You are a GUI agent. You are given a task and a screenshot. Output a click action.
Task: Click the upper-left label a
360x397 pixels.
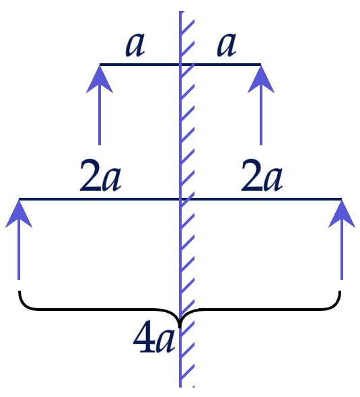pos(135,45)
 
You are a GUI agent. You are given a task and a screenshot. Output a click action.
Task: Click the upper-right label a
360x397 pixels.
pos(227,45)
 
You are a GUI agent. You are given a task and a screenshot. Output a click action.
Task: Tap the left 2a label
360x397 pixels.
pos(100,175)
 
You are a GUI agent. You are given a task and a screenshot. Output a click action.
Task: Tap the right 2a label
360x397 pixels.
pos(262,175)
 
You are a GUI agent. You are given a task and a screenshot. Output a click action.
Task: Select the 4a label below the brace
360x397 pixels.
pos(154,337)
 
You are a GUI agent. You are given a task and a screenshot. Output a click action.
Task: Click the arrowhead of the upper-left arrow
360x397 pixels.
pos(100,79)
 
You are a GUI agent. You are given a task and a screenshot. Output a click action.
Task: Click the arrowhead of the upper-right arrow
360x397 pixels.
pos(261,79)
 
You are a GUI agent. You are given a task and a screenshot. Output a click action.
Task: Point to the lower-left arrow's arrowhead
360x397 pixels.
pos(19,214)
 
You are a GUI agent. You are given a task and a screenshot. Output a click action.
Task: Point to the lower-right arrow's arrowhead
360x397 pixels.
pos(342,214)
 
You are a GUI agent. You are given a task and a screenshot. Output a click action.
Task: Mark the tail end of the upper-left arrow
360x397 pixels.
pos(100,145)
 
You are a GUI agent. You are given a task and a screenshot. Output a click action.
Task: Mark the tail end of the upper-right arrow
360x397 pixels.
pos(261,145)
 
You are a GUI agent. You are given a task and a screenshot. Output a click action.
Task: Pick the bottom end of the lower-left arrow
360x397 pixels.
pos(19,279)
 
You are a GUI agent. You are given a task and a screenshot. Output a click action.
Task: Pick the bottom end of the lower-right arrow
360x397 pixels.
pos(342,279)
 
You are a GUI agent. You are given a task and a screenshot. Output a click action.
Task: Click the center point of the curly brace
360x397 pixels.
pos(180,326)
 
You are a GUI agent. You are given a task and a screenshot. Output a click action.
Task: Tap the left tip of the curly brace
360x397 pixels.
pos(20,291)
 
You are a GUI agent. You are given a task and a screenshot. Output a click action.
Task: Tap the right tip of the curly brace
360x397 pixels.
pos(340,291)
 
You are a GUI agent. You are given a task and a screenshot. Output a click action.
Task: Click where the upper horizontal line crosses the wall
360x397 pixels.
pos(180,65)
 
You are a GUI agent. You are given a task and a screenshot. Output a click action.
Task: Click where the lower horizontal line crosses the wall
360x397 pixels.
pos(180,199)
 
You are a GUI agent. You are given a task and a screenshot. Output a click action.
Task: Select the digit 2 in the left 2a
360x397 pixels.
pos(90,175)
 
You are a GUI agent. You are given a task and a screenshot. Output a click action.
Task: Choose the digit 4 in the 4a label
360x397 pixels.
pos(144,337)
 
